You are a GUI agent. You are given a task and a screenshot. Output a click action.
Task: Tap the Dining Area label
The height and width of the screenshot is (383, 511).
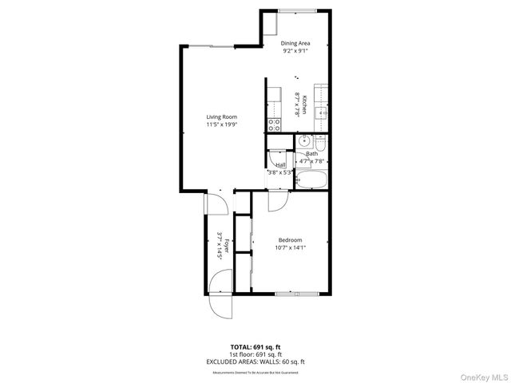296,43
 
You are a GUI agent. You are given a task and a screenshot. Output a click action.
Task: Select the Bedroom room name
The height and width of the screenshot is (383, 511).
290,240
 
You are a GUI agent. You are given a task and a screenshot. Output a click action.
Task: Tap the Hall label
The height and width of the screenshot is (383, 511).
280,165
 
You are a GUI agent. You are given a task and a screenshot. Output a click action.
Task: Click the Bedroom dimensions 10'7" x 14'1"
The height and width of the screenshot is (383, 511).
290,247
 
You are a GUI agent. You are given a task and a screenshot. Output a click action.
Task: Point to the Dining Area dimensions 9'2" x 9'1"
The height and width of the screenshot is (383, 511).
296,50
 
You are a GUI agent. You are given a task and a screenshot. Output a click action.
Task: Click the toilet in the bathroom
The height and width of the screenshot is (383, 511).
320,144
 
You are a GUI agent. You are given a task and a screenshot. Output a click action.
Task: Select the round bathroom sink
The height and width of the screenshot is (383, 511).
304,142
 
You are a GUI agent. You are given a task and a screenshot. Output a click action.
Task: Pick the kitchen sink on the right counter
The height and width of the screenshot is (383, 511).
322,113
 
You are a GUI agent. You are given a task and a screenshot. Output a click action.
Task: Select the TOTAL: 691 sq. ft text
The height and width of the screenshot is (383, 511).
255,346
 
